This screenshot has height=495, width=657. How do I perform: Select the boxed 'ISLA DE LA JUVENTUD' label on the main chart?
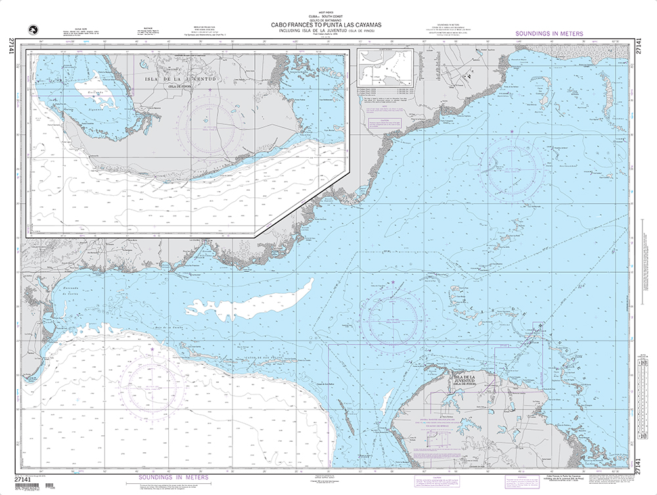click(469, 379)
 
